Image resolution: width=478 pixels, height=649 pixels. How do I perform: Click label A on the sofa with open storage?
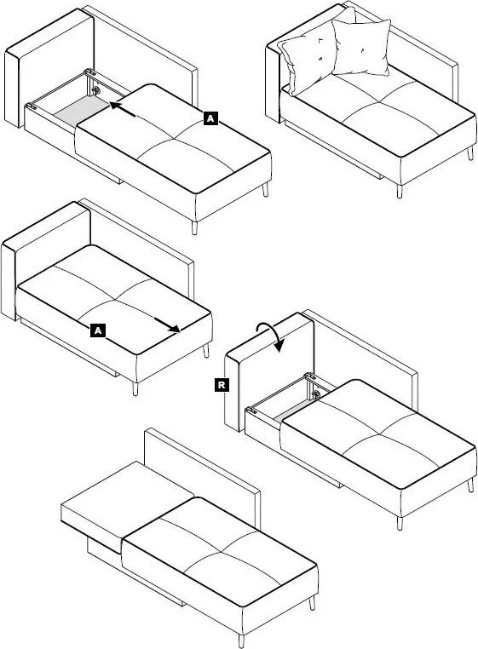tap(210, 118)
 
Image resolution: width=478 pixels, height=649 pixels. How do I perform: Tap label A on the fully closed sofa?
tap(98, 330)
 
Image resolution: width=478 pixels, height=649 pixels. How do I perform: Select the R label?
tap(222, 385)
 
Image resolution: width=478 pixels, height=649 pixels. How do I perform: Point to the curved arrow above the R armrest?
tap(270, 335)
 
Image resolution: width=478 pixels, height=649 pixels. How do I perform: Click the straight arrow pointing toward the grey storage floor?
tap(123, 110)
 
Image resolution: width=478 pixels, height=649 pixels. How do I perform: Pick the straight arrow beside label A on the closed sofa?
tap(167, 324)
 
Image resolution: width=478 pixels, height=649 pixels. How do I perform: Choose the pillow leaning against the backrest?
tap(361, 47)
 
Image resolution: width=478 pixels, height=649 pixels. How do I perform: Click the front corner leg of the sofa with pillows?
tap(400, 192)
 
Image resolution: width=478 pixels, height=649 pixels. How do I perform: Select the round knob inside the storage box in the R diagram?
tap(315, 394)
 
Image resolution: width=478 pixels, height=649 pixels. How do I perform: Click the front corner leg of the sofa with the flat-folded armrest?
tap(241, 640)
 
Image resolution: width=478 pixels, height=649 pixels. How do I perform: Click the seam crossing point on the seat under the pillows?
tap(377, 101)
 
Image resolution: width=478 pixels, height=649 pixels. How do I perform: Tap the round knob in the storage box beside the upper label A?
tap(96, 90)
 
